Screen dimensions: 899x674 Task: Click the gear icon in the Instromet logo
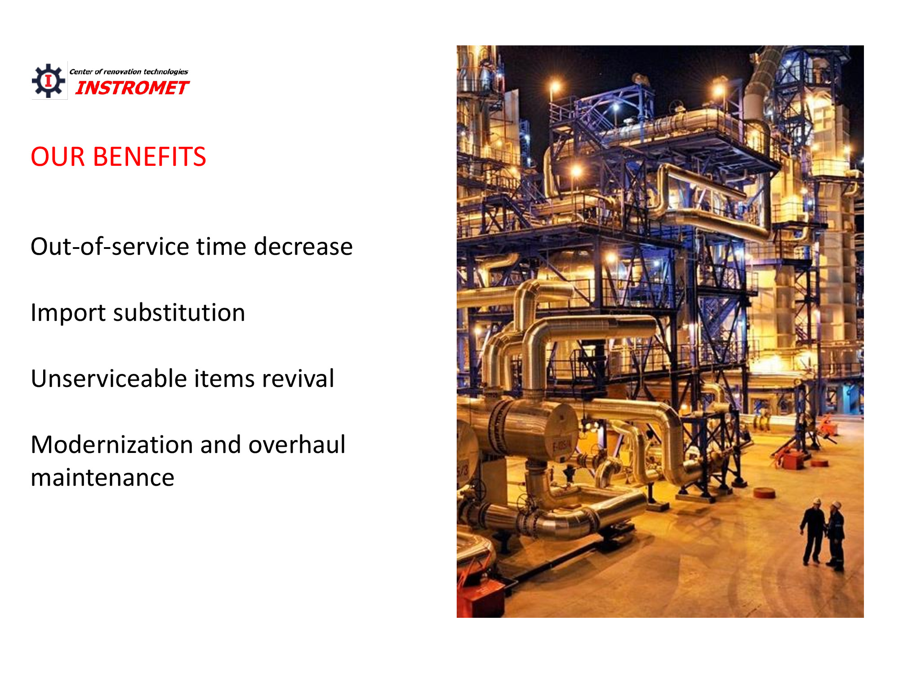pyautogui.click(x=49, y=81)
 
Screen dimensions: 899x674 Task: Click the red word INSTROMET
pyautogui.click(x=132, y=88)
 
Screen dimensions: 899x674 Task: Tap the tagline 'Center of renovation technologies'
pyautogui.click(x=129, y=71)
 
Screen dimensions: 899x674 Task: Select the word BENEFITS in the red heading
pyautogui.click(x=150, y=157)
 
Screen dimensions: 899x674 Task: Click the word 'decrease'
pyautogui.click(x=303, y=247)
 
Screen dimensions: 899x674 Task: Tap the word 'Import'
pyautogui.click(x=68, y=313)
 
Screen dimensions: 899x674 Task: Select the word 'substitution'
pyautogui.click(x=179, y=312)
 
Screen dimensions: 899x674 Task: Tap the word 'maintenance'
pyautogui.click(x=102, y=478)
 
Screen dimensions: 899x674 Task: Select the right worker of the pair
pyautogui.click(x=835, y=536)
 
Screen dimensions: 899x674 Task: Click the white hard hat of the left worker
pyautogui.click(x=817, y=501)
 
